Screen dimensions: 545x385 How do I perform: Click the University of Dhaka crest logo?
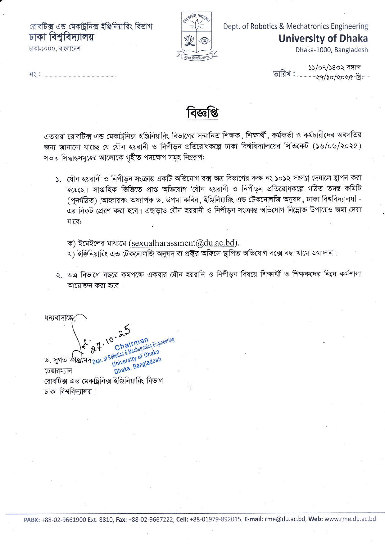(x=197, y=36)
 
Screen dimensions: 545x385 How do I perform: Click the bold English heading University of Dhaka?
(x=323, y=38)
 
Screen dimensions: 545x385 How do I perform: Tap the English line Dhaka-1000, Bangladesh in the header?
(x=331, y=50)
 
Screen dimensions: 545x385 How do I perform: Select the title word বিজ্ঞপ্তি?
(x=202, y=113)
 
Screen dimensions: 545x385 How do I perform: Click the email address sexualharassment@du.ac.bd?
(x=183, y=243)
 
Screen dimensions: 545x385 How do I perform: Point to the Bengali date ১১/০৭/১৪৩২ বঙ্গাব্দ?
(x=334, y=67)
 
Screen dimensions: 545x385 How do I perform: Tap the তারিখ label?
(x=282, y=74)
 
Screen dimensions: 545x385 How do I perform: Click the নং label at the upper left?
(x=34, y=75)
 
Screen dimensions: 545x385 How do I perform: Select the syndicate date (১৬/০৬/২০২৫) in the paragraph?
(x=337, y=146)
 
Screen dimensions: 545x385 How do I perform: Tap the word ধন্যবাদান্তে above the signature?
(x=59, y=318)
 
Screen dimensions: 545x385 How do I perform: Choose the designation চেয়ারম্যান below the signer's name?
(x=58, y=371)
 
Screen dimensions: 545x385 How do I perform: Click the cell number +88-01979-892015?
(x=215, y=520)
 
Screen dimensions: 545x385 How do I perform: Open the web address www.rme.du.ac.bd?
(x=350, y=519)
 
